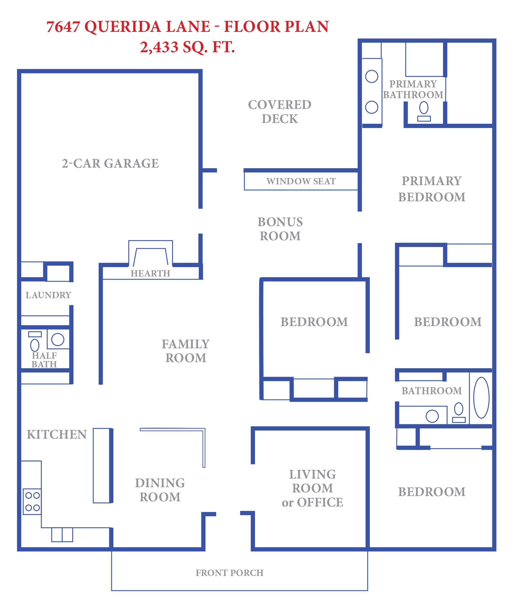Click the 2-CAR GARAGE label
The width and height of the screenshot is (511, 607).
(110, 164)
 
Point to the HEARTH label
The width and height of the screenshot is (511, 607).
(150, 273)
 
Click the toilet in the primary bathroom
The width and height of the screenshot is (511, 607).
(424, 111)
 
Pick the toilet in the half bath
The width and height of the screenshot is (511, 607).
(35, 342)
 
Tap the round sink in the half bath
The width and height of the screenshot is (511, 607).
(58, 340)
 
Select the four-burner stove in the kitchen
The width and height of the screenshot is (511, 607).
(32, 502)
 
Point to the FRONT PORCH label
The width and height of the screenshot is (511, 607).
(230, 573)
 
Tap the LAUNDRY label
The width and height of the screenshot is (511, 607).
(48, 295)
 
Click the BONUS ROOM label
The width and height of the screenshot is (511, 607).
(280, 229)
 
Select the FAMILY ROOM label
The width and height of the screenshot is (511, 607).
(186, 351)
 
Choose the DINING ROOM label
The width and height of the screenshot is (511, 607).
(160, 490)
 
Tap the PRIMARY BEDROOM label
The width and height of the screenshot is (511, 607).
(432, 189)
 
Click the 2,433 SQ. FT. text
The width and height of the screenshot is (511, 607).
(187, 47)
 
